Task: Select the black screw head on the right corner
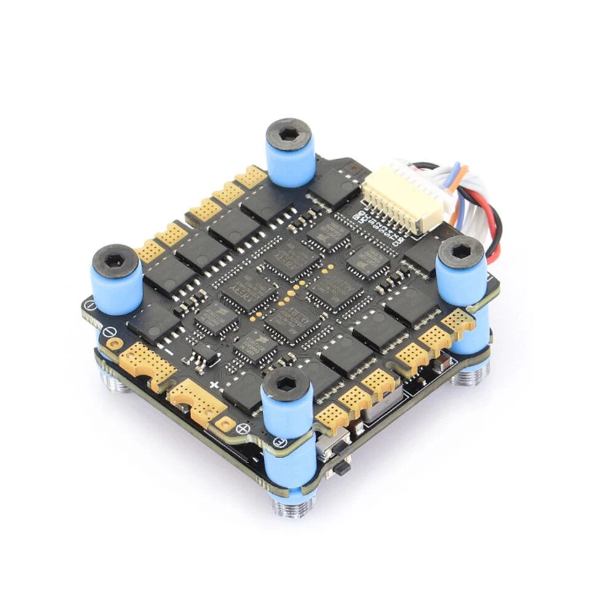(x=461, y=251)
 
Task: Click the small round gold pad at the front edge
(x=225, y=424)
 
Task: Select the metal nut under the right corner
(x=474, y=376)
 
